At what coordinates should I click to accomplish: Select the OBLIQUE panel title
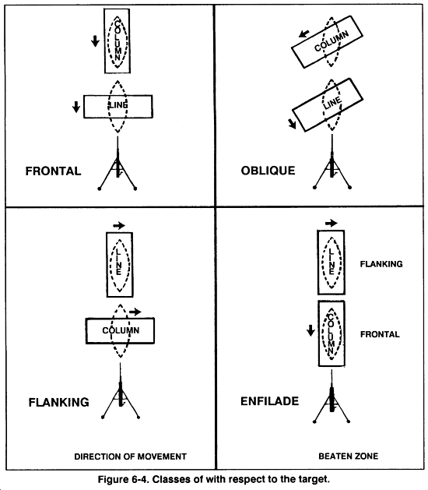268,171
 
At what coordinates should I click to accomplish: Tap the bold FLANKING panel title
58,403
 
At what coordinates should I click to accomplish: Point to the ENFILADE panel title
269,402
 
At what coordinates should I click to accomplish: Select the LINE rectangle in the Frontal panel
117,105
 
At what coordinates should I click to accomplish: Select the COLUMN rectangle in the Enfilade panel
332,333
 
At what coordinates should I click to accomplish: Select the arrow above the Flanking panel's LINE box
119,225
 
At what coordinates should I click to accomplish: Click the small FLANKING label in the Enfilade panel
381,264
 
